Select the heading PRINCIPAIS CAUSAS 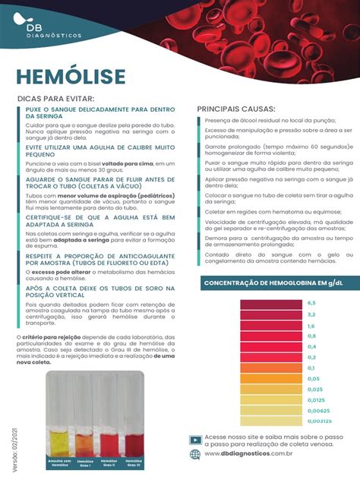(236, 109)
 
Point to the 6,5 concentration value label (311, 303)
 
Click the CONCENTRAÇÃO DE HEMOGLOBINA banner (272, 284)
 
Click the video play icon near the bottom (195, 439)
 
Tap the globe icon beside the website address (195, 454)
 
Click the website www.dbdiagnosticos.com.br (249, 454)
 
